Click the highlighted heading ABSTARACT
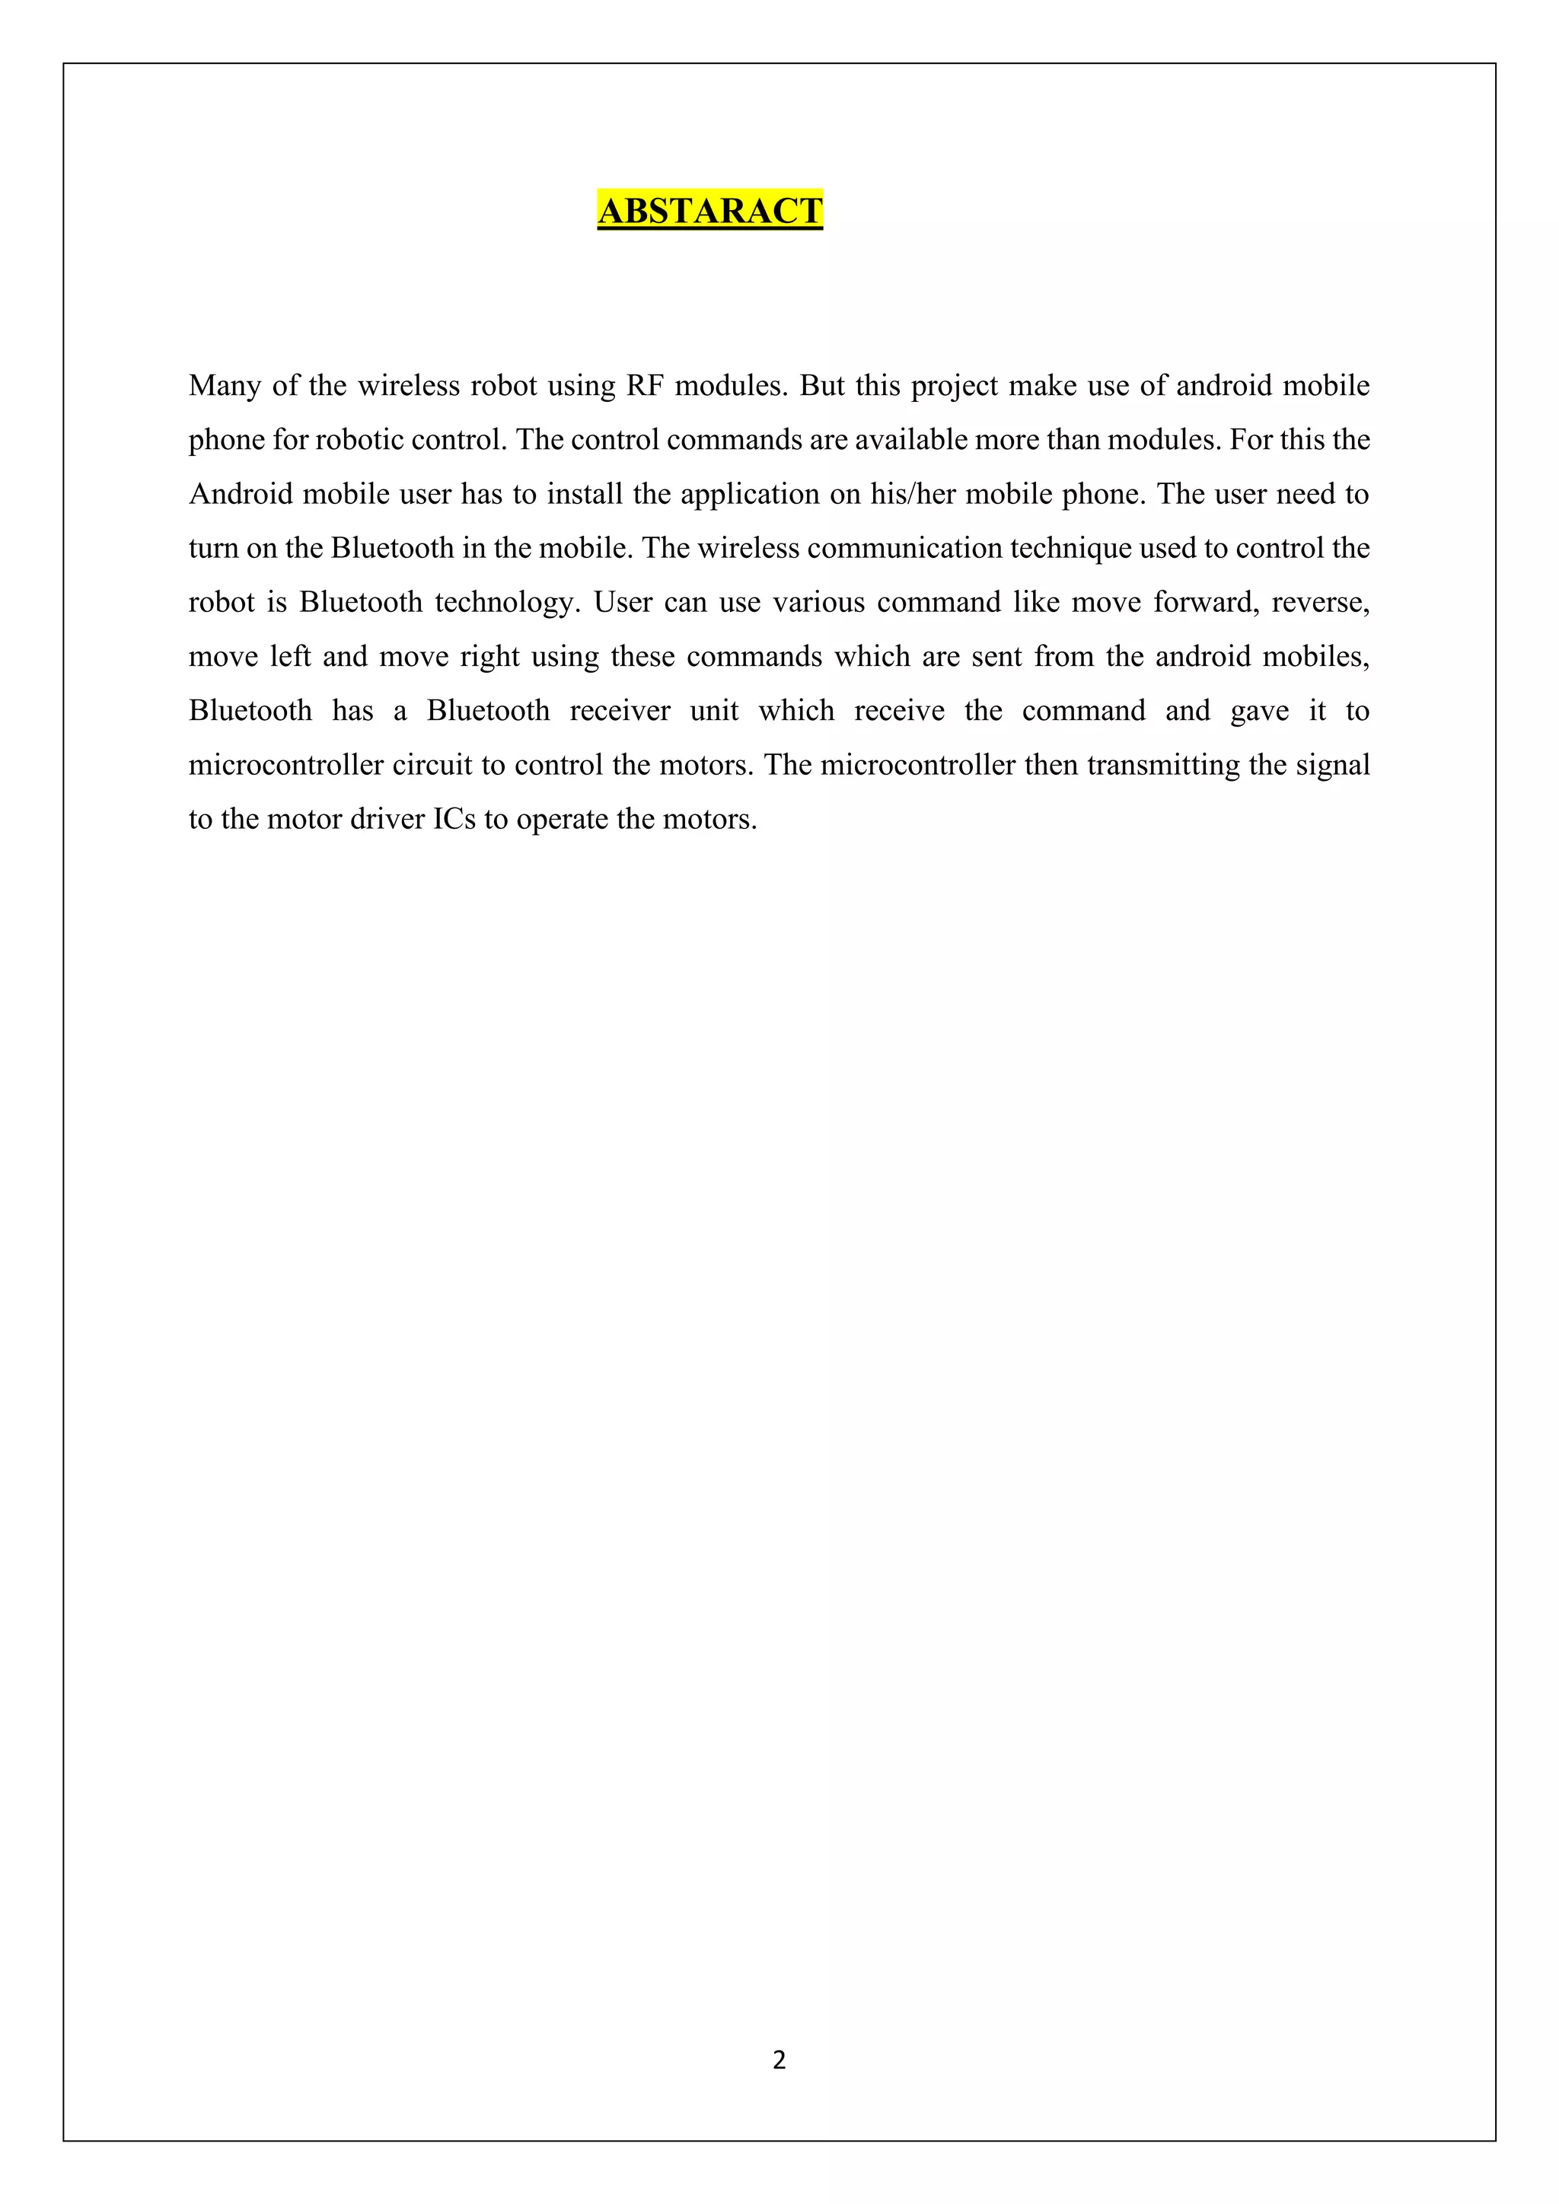(x=709, y=210)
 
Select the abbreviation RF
(x=645, y=386)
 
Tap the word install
(x=585, y=495)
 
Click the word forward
(x=1206, y=603)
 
